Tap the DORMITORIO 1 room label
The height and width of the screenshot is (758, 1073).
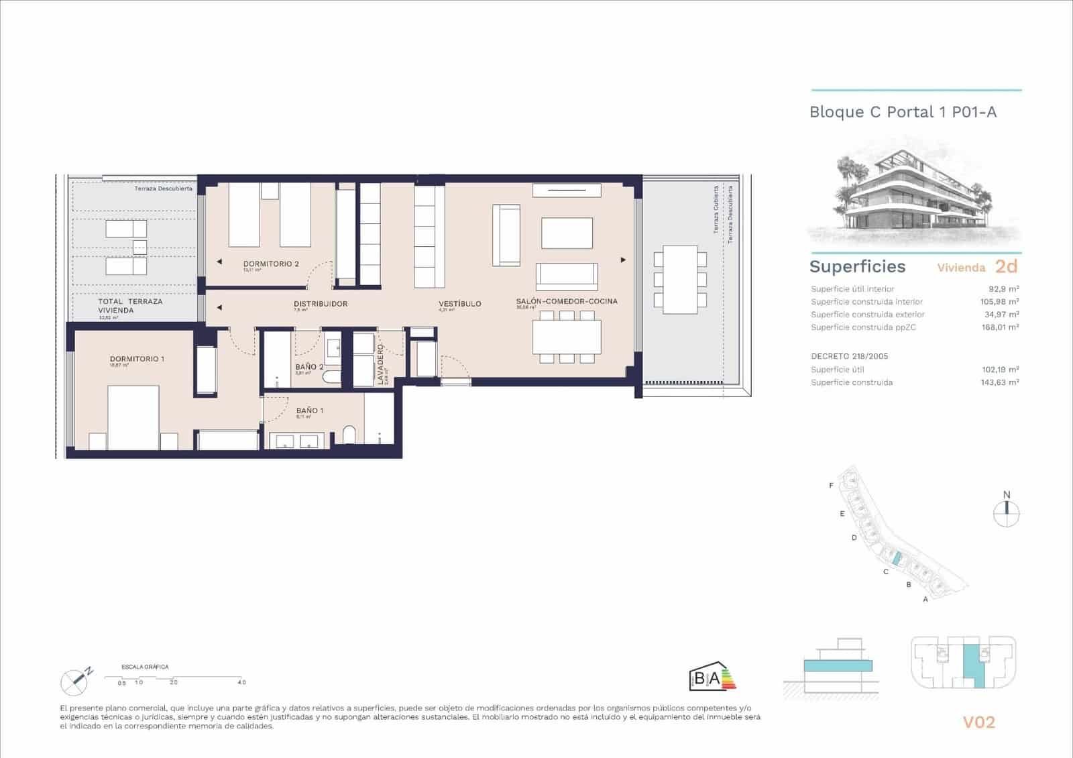(137, 359)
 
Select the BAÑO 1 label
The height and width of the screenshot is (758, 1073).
(310, 411)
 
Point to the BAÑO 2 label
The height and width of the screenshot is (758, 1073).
(309, 367)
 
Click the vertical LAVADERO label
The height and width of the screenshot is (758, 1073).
(380, 364)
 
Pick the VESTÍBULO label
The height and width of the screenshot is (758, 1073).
(459, 304)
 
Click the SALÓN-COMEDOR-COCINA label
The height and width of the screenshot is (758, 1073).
(567, 301)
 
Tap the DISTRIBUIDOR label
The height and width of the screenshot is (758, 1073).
(321, 304)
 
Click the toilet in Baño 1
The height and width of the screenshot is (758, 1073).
(349, 435)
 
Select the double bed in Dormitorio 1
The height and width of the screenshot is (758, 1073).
(133, 416)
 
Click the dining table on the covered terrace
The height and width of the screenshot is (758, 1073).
(680, 279)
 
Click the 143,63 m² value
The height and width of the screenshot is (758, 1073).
(999, 382)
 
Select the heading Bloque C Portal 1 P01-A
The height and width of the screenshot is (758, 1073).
(903, 112)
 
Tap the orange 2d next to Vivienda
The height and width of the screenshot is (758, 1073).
(1006, 266)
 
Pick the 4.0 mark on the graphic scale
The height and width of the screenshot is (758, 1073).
(241, 682)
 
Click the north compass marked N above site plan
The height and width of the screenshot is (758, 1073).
(1006, 513)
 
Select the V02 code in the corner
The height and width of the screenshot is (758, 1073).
(979, 722)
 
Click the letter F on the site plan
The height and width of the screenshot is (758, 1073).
(832, 486)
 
